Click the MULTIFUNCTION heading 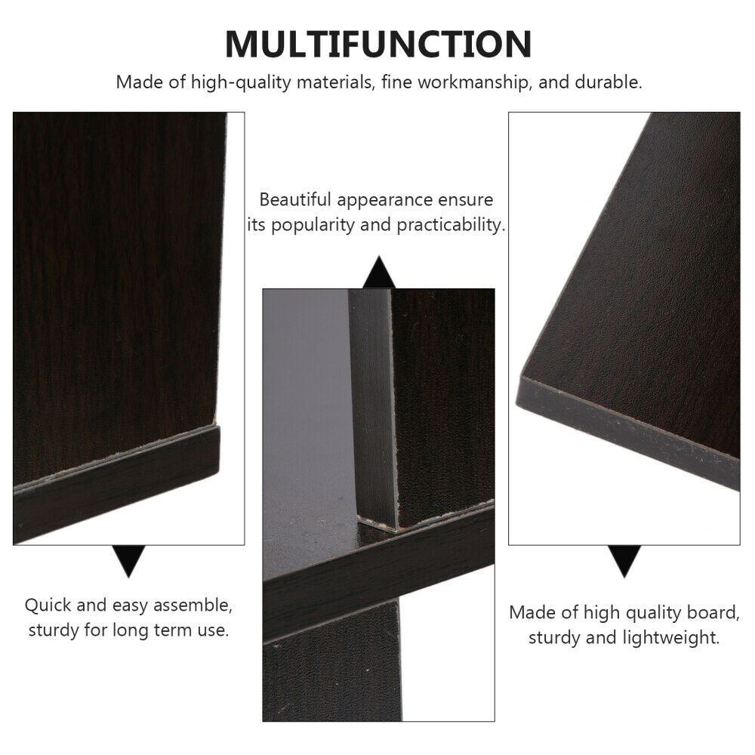[x=378, y=44]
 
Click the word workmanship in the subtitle [x=474, y=82]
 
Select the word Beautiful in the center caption [x=294, y=199]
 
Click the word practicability [x=451, y=225]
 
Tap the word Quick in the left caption [x=47, y=606]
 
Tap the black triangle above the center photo [x=379, y=272]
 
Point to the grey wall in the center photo [x=305, y=385]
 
